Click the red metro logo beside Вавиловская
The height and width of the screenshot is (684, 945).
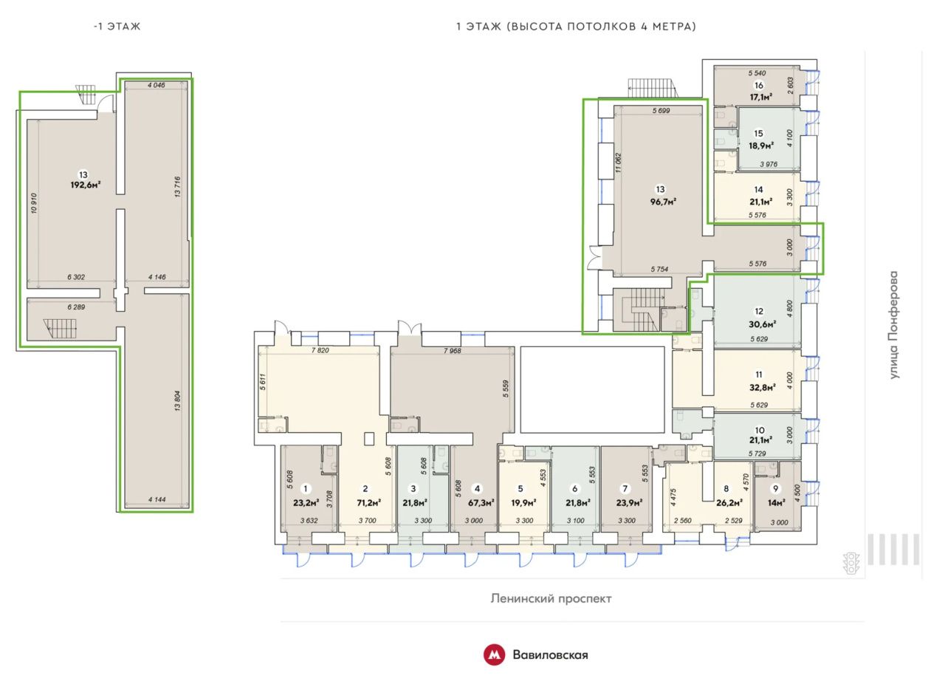(494, 655)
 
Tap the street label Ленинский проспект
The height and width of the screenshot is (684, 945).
(551, 599)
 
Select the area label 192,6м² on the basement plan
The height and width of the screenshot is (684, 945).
(86, 185)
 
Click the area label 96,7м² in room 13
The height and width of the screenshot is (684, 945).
(663, 202)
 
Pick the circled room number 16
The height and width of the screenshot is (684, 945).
(759, 85)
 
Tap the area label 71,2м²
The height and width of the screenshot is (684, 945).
(368, 502)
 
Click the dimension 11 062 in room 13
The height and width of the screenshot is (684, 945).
(619, 163)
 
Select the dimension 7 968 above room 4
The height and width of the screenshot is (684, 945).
(453, 350)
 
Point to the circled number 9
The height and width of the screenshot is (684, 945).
(775, 488)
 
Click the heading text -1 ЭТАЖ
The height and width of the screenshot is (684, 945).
(117, 26)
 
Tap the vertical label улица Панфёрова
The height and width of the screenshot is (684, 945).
(894, 325)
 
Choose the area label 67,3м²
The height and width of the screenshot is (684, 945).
(481, 502)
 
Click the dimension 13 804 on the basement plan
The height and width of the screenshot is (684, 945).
(177, 400)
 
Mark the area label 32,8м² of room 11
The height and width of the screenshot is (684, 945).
(763, 387)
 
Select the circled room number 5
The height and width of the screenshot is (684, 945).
(520, 488)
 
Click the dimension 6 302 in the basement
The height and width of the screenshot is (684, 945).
(76, 277)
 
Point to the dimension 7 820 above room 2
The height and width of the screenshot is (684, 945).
(320, 350)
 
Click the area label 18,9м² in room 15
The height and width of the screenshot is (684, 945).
(761, 146)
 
